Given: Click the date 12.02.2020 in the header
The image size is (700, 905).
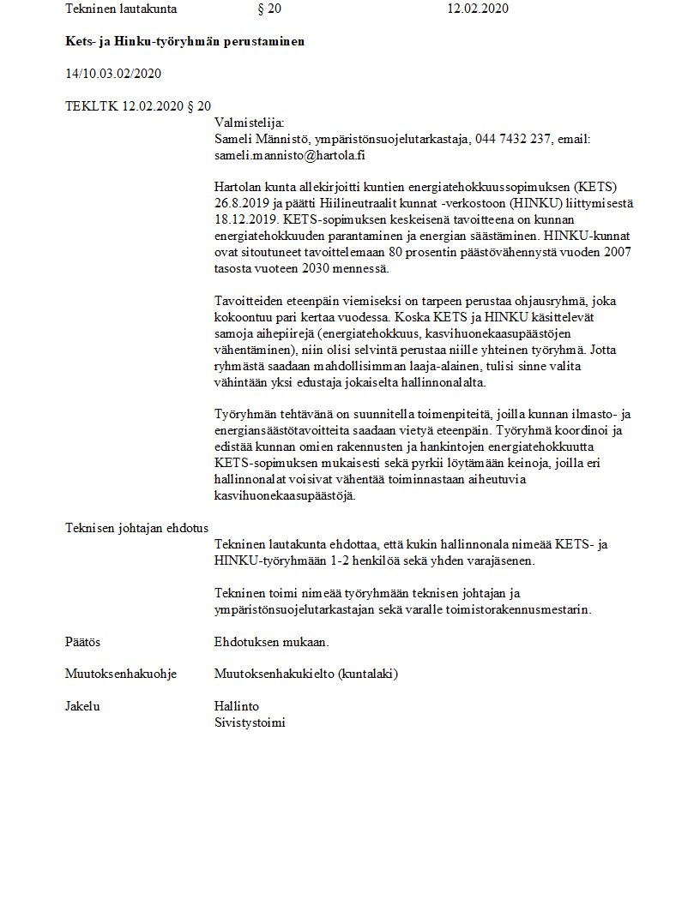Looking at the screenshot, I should coord(478,9).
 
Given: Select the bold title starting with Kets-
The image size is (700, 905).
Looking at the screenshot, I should coord(184,41).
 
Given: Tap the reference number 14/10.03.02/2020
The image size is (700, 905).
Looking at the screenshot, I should coord(113,73).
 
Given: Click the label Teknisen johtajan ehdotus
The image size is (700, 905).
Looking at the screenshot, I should coord(136,527).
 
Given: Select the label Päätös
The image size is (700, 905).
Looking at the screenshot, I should coord(83,642).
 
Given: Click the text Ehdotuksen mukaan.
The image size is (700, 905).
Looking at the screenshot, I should coord(272,642).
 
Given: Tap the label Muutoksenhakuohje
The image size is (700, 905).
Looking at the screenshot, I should coord(121,674).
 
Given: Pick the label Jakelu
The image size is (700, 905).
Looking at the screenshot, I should coord(82,706).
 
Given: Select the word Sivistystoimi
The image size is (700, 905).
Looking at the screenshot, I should coord(250,722).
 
